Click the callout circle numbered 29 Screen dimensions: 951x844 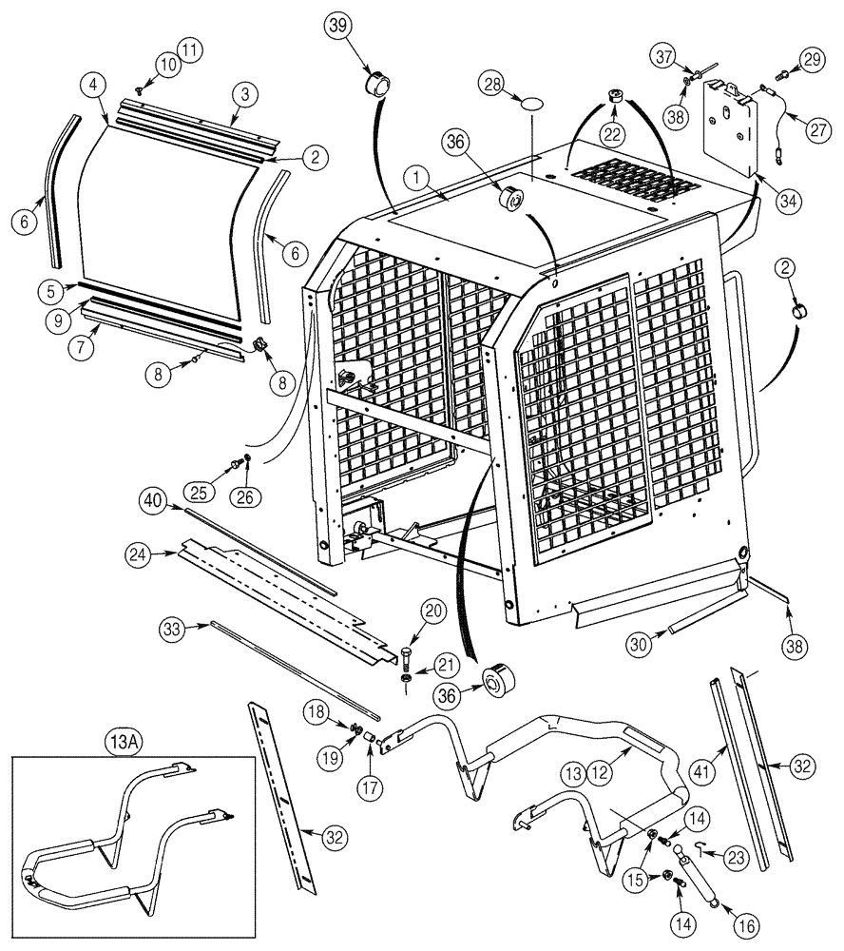[809, 59]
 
